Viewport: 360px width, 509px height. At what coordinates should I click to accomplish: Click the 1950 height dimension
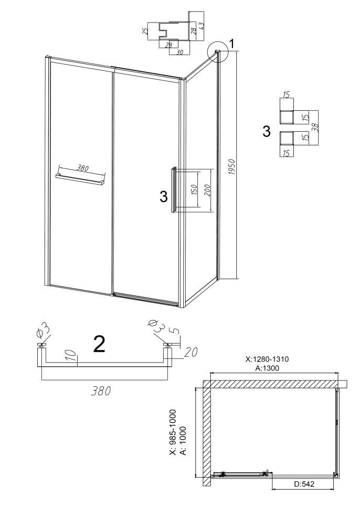231,167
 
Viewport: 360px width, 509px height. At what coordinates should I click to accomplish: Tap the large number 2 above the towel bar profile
99,344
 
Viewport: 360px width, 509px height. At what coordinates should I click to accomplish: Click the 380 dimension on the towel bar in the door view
83,168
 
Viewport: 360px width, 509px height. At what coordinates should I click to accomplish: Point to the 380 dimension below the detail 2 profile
101,391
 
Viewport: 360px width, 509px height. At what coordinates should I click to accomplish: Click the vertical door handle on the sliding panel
174,190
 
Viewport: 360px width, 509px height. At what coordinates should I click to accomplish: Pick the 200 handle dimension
208,190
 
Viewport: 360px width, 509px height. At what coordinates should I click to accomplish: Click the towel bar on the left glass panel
80,179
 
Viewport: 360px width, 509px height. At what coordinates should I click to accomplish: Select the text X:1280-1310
267,359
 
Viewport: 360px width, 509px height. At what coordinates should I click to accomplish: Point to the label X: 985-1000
173,433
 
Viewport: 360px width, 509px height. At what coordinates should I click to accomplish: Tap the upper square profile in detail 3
287,116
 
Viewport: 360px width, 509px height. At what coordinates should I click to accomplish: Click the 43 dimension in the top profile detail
202,26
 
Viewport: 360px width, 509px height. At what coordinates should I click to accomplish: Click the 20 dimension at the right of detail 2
191,352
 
